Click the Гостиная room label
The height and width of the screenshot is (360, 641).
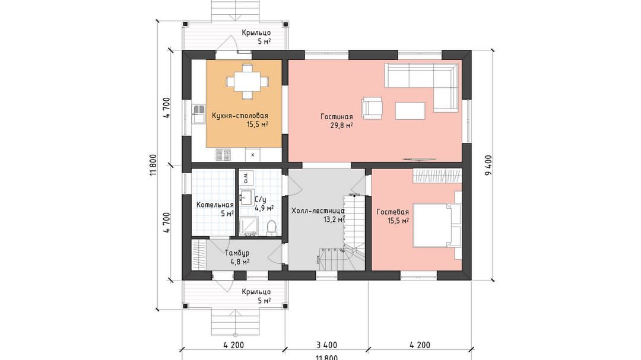pos(337,117)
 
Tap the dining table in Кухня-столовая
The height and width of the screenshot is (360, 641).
pos(247,82)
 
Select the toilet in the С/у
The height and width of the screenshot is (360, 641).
pos(271,228)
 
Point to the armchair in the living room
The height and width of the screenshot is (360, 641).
pos(372,108)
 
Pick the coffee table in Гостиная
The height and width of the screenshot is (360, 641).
pos(410,111)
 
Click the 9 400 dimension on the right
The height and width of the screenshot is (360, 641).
pos(488,165)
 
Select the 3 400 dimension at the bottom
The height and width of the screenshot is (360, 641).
pos(326,345)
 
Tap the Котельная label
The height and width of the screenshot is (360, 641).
pos(215,205)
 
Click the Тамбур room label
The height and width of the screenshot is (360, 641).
pos(237,253)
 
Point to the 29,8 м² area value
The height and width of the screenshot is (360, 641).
pos(342,126)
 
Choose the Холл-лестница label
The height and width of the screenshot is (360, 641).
pos(318,211)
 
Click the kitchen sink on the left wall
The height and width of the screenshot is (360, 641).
pos(198,114)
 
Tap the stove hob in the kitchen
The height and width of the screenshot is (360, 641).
pos(223,155)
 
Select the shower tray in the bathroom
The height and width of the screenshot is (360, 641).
pos(248,227)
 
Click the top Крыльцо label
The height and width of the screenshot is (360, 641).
pos(256,33)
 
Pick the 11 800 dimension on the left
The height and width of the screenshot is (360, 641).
pos(153,165)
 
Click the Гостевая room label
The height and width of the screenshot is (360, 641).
pos(393,212)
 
